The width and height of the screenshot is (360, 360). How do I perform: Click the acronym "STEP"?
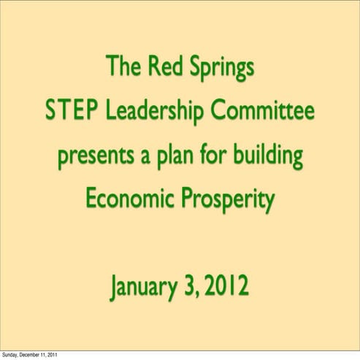[x=71, y=112]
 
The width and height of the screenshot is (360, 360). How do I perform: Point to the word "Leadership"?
[x=153, y=113]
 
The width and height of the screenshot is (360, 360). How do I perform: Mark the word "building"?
[x=272, y=156]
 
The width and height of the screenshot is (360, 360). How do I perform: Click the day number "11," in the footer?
[x=55, y=356]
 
